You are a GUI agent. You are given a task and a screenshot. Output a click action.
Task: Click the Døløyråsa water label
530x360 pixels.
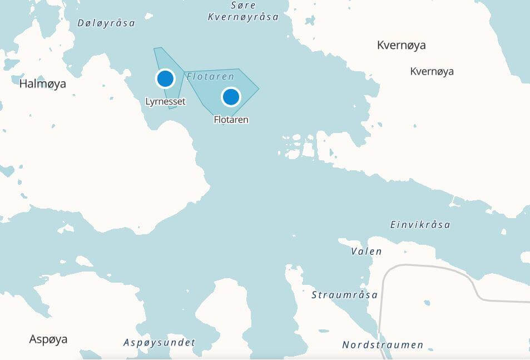point(106,23)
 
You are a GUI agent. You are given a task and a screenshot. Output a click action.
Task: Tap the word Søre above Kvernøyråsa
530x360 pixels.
point(243,6)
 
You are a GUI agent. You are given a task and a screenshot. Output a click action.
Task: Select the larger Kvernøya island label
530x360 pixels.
point(401,45)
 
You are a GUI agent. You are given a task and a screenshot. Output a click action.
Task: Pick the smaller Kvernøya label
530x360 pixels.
point(432,71)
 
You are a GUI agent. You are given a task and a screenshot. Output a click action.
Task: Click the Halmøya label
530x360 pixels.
point(42,84)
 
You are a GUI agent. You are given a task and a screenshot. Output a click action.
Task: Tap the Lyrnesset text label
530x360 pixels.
point(165,102)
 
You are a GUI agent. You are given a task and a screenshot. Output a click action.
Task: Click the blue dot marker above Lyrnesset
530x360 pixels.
point(165,78)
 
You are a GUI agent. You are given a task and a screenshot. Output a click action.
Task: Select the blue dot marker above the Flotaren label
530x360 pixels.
point(231,97)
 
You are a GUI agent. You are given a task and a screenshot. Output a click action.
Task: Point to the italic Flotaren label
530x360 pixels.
point(210,76)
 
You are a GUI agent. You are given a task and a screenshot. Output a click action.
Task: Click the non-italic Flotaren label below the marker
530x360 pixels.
point(231,120)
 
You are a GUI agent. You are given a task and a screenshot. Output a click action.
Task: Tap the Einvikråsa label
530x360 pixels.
point(420,225)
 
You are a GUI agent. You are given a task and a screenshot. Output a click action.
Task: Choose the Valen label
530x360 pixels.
point(366,251)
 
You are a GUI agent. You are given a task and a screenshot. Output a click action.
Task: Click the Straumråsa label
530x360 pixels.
point(344,295)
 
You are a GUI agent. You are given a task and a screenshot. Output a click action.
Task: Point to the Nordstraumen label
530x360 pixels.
point(383,345)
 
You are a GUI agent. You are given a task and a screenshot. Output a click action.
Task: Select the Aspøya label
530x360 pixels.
point(48,339)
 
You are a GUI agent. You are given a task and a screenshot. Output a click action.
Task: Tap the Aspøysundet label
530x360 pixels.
point(159,343)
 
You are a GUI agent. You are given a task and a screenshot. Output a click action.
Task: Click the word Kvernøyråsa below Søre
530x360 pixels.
point(243,17)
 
